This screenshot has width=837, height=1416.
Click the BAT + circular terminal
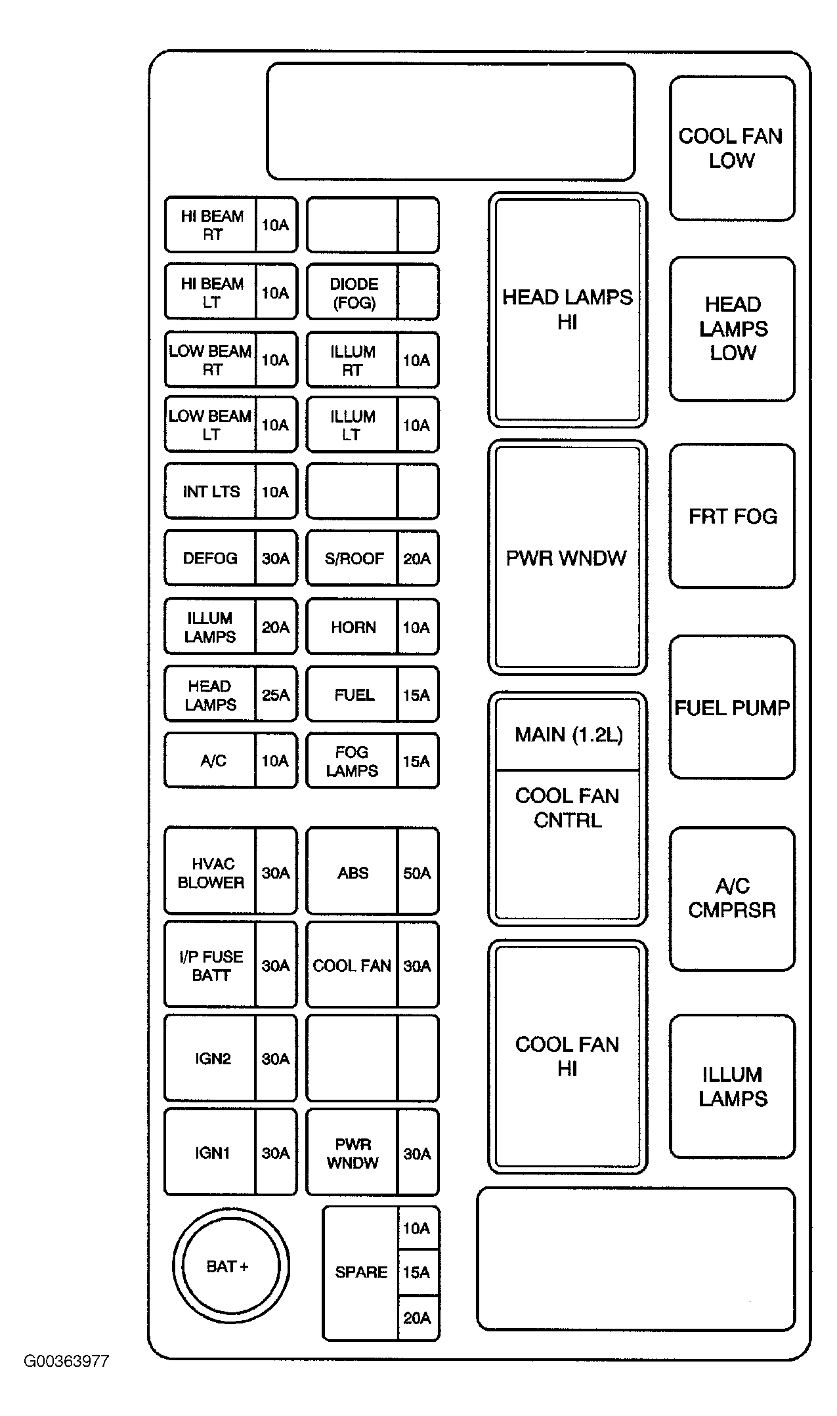coord(230,1266)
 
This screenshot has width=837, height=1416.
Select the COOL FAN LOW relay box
coord(731,148)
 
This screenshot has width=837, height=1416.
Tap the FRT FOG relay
coord(732,516)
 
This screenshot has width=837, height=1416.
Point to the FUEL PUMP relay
coord(732,707)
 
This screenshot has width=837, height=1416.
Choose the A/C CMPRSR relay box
coord(732,898)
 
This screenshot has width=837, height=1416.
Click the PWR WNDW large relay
coord(567,557)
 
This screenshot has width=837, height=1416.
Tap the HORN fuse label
coord(353,627)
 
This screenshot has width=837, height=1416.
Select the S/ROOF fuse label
coord(353,558)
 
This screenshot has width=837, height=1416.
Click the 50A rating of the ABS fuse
coord(417,873)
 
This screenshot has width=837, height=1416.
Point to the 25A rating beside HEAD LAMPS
coord(276,695)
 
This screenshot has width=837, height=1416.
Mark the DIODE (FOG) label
coord(353,293)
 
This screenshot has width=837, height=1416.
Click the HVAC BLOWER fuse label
coord(211,873)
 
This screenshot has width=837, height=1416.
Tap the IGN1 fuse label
coord(211,1153)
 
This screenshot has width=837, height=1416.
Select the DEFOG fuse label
coord(210,558)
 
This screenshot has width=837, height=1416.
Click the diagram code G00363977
coord(66,1361)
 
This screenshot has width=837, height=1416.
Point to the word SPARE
coord(361,1272)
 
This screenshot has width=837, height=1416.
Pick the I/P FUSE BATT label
coord(211,965)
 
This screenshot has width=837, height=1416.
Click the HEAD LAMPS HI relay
coord(567,309)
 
